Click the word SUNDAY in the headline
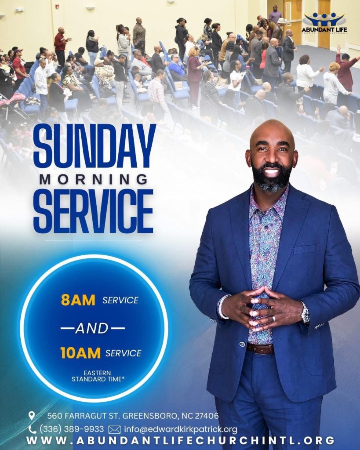click(x=95, y=147)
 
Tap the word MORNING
click(x=94, y=179)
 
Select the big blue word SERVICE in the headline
click(x=93, y=211)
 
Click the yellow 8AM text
click(x=78, y=300)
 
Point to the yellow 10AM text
click(x=80, y=353)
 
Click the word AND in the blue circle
click(x=92, y=328)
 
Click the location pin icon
click(x=32, y=416)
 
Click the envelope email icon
click(x=114, y=430)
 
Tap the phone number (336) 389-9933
click(x=72, y=429)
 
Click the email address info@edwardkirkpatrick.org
click(x=181, y=429)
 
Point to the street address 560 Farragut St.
click(x=84, y=416)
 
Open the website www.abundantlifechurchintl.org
click(x=181, y=440)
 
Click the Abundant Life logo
click(x=324, y=23)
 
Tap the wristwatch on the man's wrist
click(x=305, y=312)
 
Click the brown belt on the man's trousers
click(x=260, y=348)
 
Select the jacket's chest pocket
click(x=306, y=249)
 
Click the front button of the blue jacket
click(x=242, y=344)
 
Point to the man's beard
click(x=271, y=178)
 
